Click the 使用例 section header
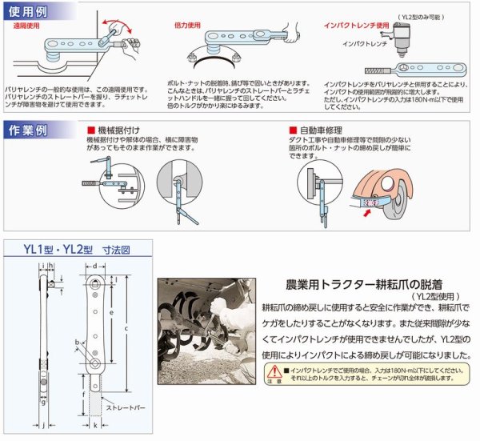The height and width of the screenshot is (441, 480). [27, 12]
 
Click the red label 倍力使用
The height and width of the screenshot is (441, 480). [189, 25]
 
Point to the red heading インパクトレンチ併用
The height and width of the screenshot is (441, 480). [347, 25]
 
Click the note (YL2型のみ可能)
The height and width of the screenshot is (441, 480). [431, 15]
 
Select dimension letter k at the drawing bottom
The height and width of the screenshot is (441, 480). [96, 427]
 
